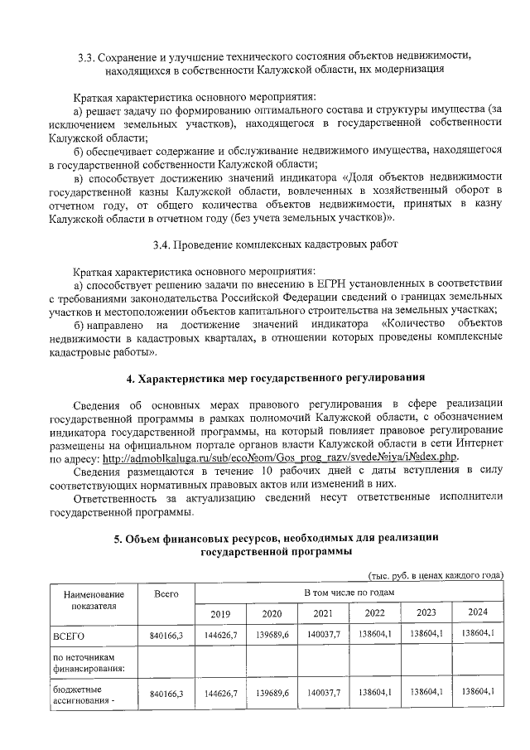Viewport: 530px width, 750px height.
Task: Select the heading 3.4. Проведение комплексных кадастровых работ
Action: click(x=276, y=244)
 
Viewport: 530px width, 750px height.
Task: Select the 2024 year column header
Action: click(x=478, y=612)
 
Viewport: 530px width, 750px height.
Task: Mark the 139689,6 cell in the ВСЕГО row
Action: click(x=272, y=635)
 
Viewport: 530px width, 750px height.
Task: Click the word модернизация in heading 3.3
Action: click(x=405, y=70)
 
